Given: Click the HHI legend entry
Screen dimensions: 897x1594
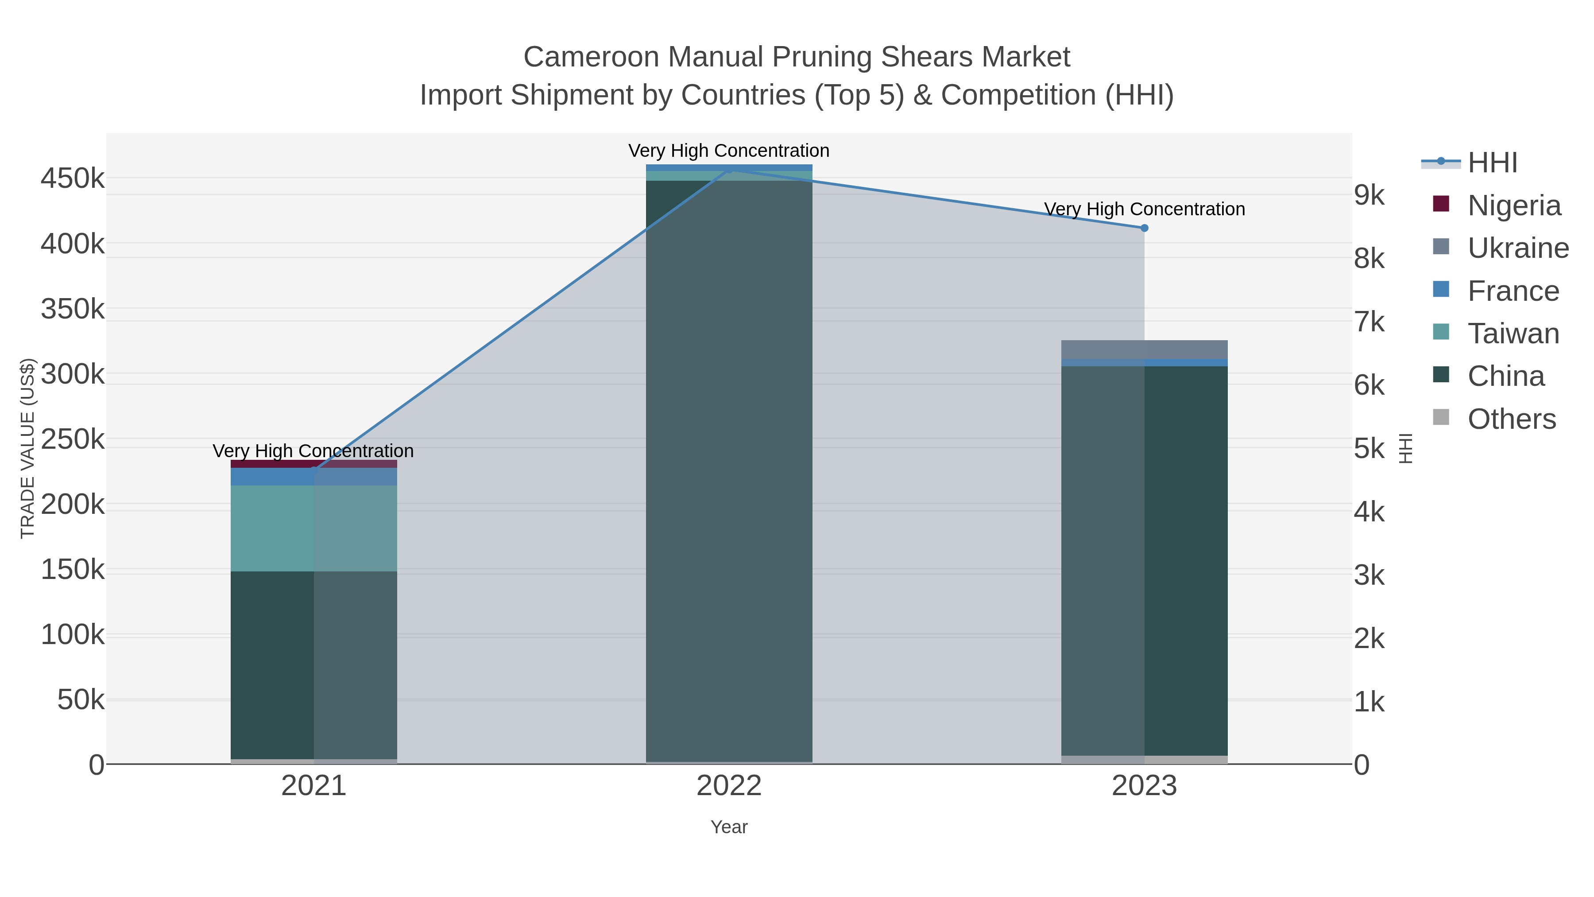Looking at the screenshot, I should pyautogui.click(x=1492, y=163).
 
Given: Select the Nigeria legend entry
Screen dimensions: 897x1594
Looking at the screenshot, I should pyautogui.click(x=1513, y=206).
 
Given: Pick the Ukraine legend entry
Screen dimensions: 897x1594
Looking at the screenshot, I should pyautogui.click(x=1518, y=248).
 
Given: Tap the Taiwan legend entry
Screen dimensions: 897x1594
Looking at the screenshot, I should pyautogui.click(x=1513, y=334).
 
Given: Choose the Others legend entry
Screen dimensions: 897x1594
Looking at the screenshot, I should pyautogui.click(x=1511, y=419).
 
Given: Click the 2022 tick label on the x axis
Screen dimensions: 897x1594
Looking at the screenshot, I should pyautogui.click(x=729, y=786).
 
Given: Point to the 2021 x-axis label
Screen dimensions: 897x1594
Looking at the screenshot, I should pyautogui.click(x=314, y=786).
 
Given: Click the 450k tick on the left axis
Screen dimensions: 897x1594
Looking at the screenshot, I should pyautogui.click(x=73, y=179).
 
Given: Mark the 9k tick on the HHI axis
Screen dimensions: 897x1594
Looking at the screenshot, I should pyautogui.click(x=1369, y=195).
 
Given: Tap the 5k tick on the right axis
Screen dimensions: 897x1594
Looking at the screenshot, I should pyautogui.click(x=1369, y=449).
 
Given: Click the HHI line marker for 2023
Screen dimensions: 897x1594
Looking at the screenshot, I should pyautogui.click(x=1144, y=228).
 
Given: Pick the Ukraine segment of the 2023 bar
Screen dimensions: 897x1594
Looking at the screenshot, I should pyautogui.click(x=1144, y=349).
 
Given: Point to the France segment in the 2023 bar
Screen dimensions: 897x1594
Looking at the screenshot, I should pyautogui.click(x=1144, y=363).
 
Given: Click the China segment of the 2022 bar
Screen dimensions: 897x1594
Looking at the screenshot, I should pyautogui.click(x=729, y=470).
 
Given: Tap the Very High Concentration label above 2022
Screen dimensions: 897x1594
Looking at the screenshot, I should pyautogui.click(x=729, y=151).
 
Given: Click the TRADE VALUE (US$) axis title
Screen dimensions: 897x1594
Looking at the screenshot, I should pyautogui.click(x=28, y=448).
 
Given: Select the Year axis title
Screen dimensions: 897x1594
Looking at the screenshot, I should pyautogui.click(x=729, y=827).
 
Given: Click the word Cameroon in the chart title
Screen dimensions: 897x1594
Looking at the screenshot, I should pyautogui.click(x=592, y=58).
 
